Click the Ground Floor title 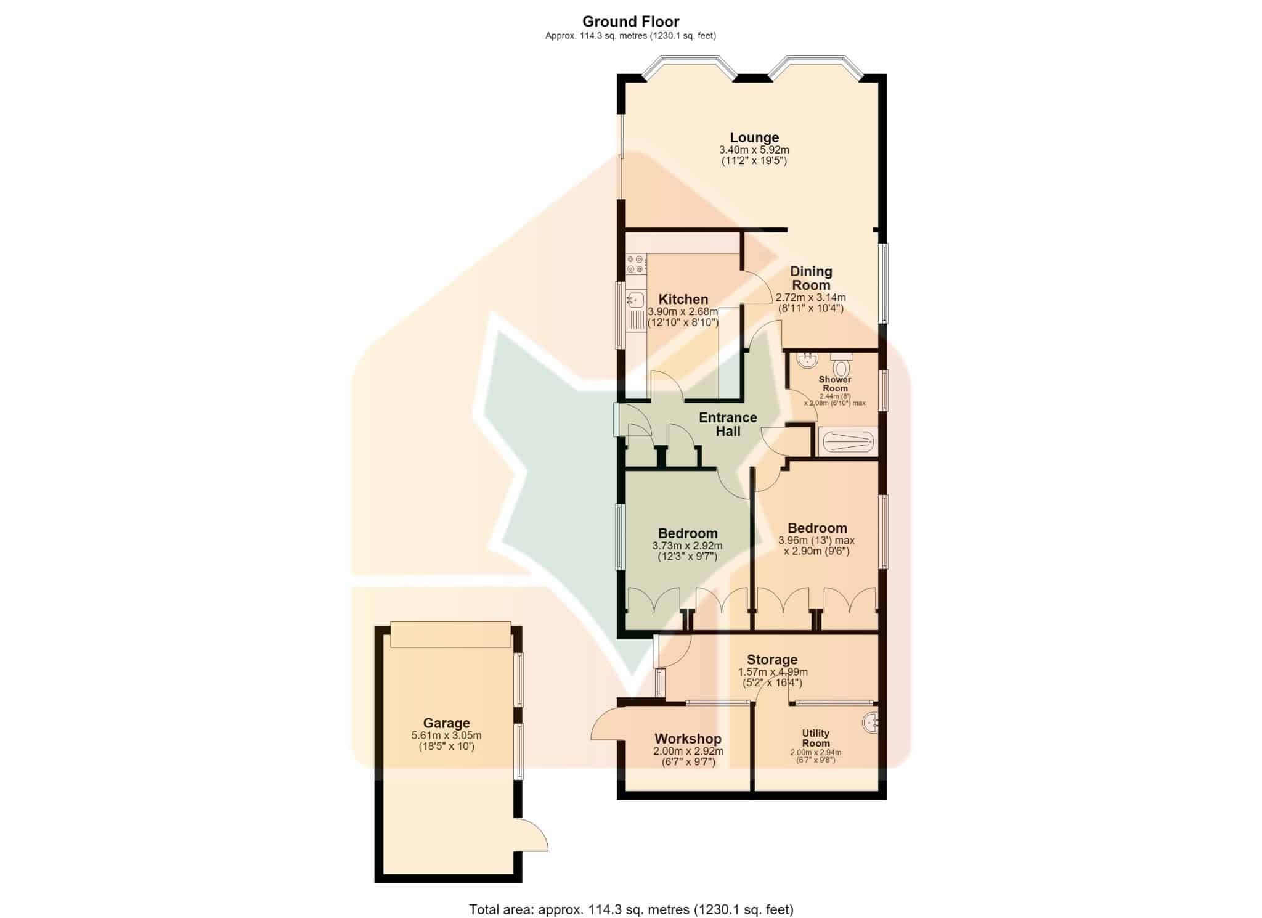630,22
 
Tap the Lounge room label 754,137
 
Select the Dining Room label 811,278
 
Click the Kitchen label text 683,300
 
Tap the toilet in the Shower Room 841,364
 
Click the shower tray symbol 847,441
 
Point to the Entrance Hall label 728,424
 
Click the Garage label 446,723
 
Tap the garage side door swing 532,834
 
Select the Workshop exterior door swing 608,723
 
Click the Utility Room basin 871,723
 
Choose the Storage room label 772,660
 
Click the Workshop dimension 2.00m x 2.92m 688,752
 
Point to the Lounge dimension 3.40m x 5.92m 754,150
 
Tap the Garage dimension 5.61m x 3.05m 446,736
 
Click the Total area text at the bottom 631,909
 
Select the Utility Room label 815,738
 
